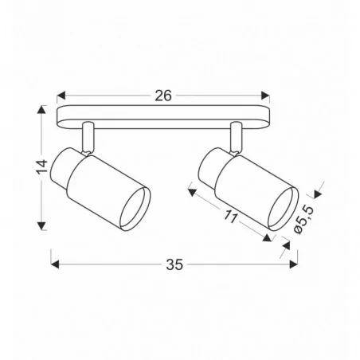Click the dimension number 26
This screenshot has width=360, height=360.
(x=164, y=96)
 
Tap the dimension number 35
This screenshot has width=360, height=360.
(x=174, y=264)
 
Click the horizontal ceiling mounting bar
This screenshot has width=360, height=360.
(x=164, y=115)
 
